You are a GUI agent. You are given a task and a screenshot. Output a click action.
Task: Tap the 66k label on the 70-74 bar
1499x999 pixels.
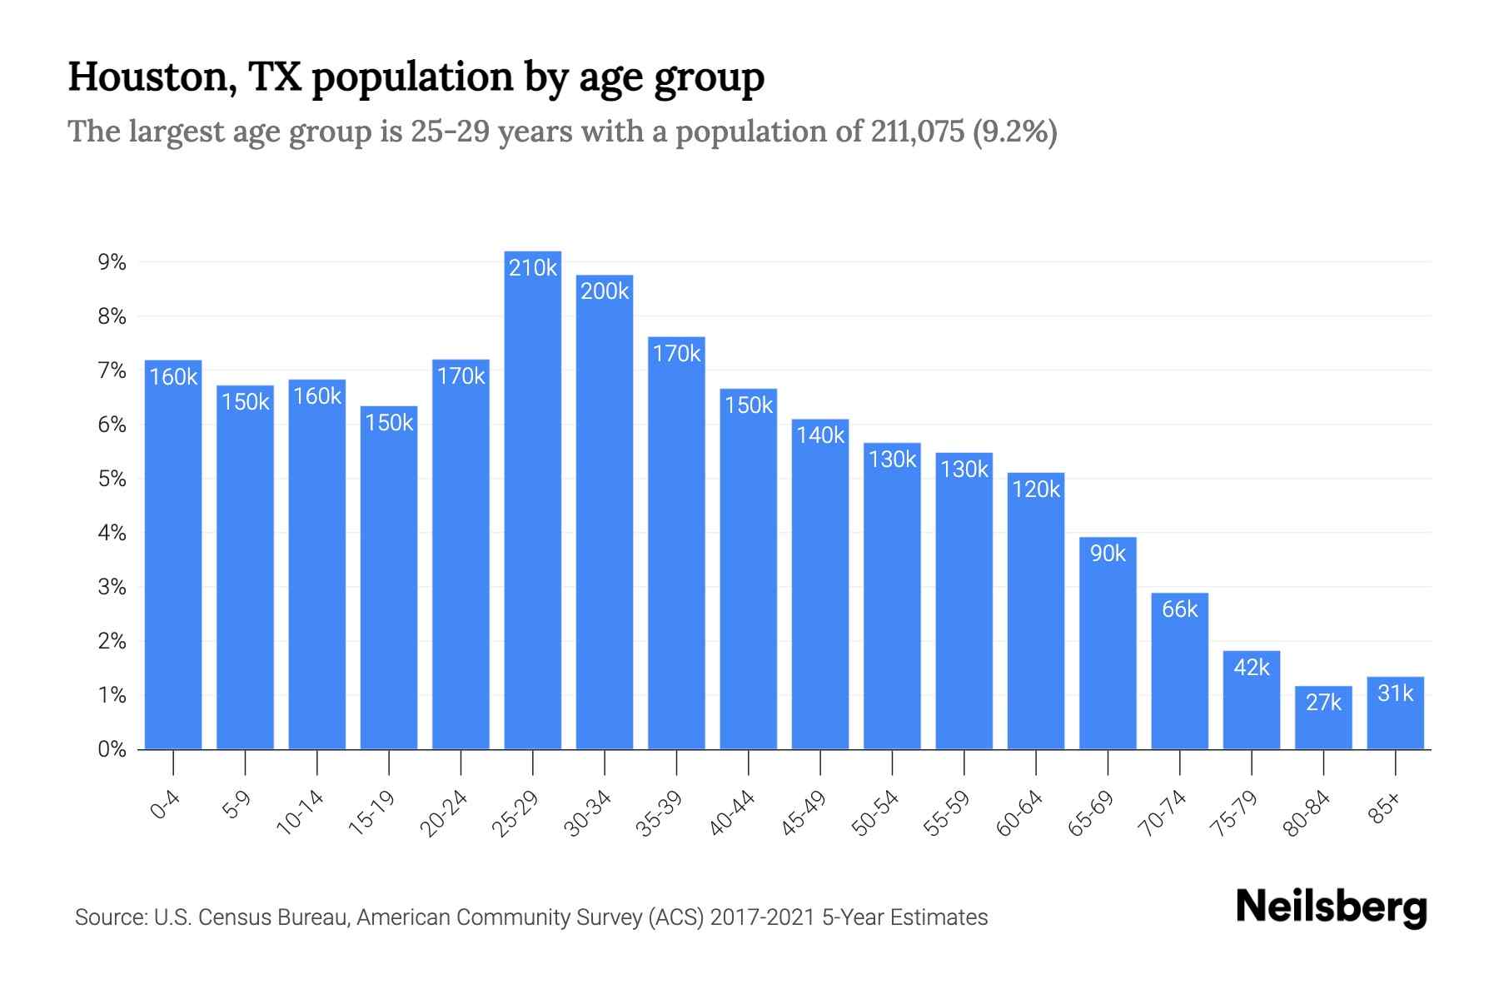click(x=1179, y=609)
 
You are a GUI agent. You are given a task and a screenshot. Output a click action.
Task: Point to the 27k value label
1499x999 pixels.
click(x=1323, y=703)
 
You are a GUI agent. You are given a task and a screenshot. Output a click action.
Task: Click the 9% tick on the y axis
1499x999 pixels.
click(x=112, y=263)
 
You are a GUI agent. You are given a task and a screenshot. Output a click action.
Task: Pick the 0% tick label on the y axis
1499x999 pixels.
click(x=112, y=749)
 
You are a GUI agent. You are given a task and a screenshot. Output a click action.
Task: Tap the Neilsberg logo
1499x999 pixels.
click(x=1331, y=907)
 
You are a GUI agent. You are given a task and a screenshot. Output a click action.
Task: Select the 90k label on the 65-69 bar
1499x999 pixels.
click(x=1108, y=554)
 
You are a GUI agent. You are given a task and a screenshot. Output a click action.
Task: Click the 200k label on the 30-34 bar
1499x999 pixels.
click(x=605, y=291)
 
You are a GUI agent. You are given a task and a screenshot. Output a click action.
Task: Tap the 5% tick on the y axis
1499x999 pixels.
click(x=112, y=479)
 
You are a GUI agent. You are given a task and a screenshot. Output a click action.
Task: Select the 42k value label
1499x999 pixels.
click(x=1251, y=668)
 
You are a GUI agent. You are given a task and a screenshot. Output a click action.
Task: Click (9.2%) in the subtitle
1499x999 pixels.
click(x=1014, y=132)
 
